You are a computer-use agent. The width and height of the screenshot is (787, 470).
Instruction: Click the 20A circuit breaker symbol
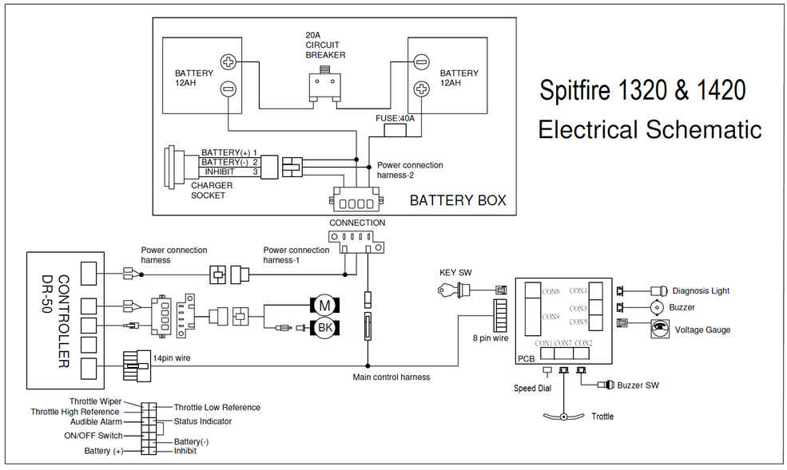click(324, 84)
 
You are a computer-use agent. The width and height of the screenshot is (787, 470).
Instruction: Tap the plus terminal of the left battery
click(228, 61)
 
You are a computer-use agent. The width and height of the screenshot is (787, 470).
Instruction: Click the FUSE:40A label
click(395, 118)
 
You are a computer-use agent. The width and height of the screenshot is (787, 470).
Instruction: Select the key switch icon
click(451, 292)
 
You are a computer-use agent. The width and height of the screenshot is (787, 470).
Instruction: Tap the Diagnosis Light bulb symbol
click(660, 290)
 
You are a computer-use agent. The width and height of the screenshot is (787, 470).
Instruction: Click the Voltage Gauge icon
click(660, 329)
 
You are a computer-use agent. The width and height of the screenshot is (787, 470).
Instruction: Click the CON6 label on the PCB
click(551, 291)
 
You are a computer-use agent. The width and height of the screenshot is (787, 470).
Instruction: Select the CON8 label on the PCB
click(551, 317)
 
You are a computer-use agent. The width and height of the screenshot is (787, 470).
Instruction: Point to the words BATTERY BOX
click(458, 200)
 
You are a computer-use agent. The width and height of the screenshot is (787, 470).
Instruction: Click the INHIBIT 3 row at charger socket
click(229, 171)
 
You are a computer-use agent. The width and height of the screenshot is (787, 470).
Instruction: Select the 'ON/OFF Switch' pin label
click(93, 436)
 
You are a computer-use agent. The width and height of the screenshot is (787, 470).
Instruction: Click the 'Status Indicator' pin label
click(203, 421)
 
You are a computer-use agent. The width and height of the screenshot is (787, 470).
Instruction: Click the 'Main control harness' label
click(392, 377)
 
